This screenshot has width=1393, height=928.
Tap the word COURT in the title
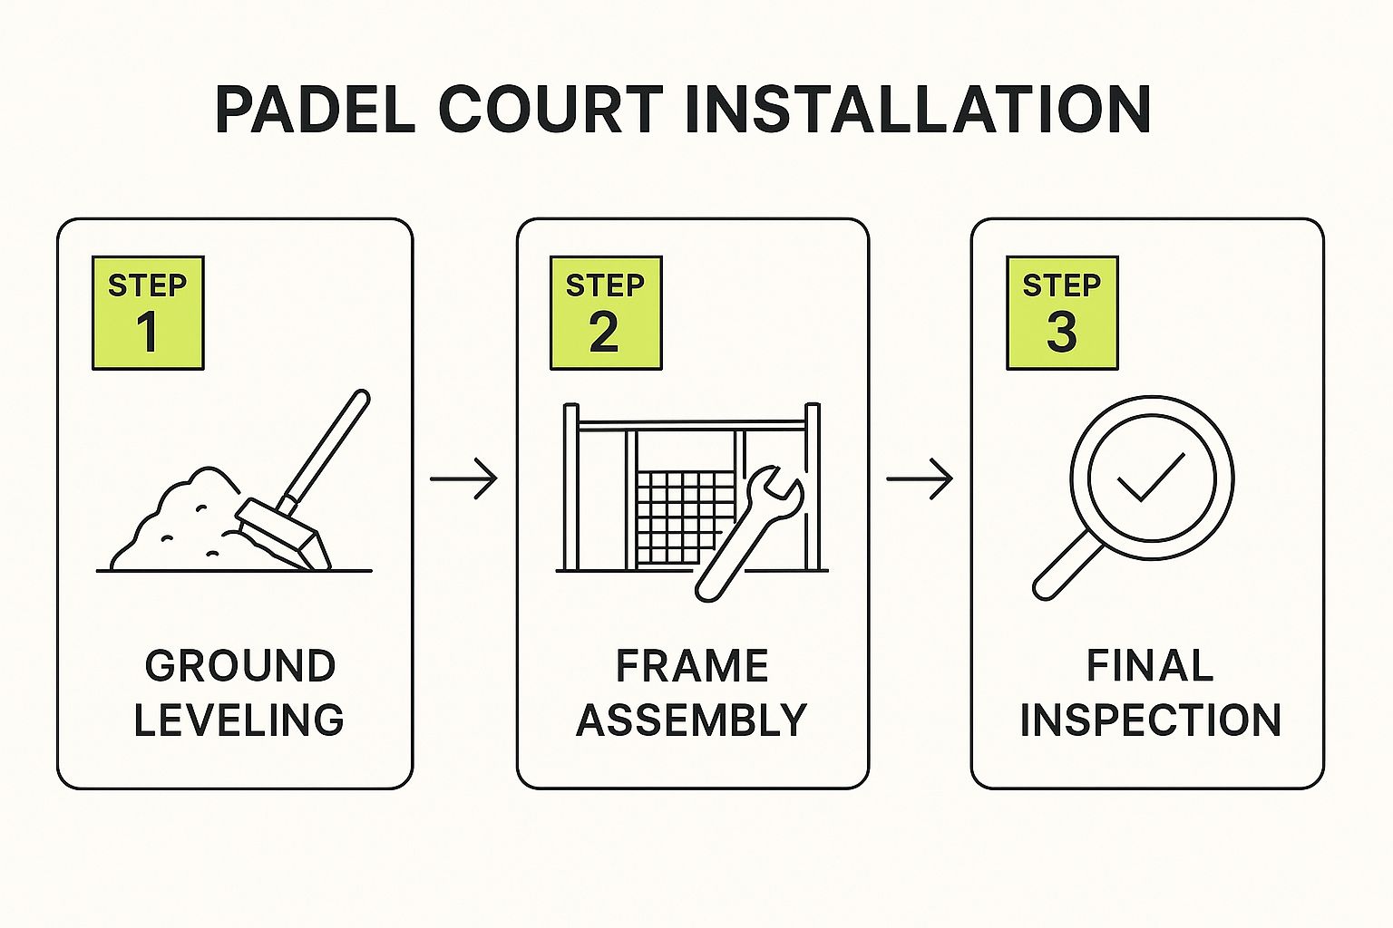click(x=550, y=110)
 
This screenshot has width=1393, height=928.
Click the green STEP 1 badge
click(x=148, y=313)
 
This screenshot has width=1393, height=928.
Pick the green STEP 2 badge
click(x=606, y=313)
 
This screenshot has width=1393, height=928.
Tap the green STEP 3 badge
click(x=1062, y=313)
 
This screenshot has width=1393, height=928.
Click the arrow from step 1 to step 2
click(x=463, y=478)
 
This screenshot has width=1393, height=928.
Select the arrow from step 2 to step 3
click(x=919, y=478)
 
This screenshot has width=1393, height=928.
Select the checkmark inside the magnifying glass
click(x=1150, y=477)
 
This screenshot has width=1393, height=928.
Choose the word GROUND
click(x=239, y=667)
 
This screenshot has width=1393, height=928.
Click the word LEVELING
click(x=239, y=720)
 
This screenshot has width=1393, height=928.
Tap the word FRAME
click(x=692, y=667)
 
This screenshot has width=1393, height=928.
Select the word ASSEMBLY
click(x=692, y=720)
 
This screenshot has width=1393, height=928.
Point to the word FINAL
click(x=1149, y=667)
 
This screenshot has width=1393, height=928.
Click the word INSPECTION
click(x=1149, y=720)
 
